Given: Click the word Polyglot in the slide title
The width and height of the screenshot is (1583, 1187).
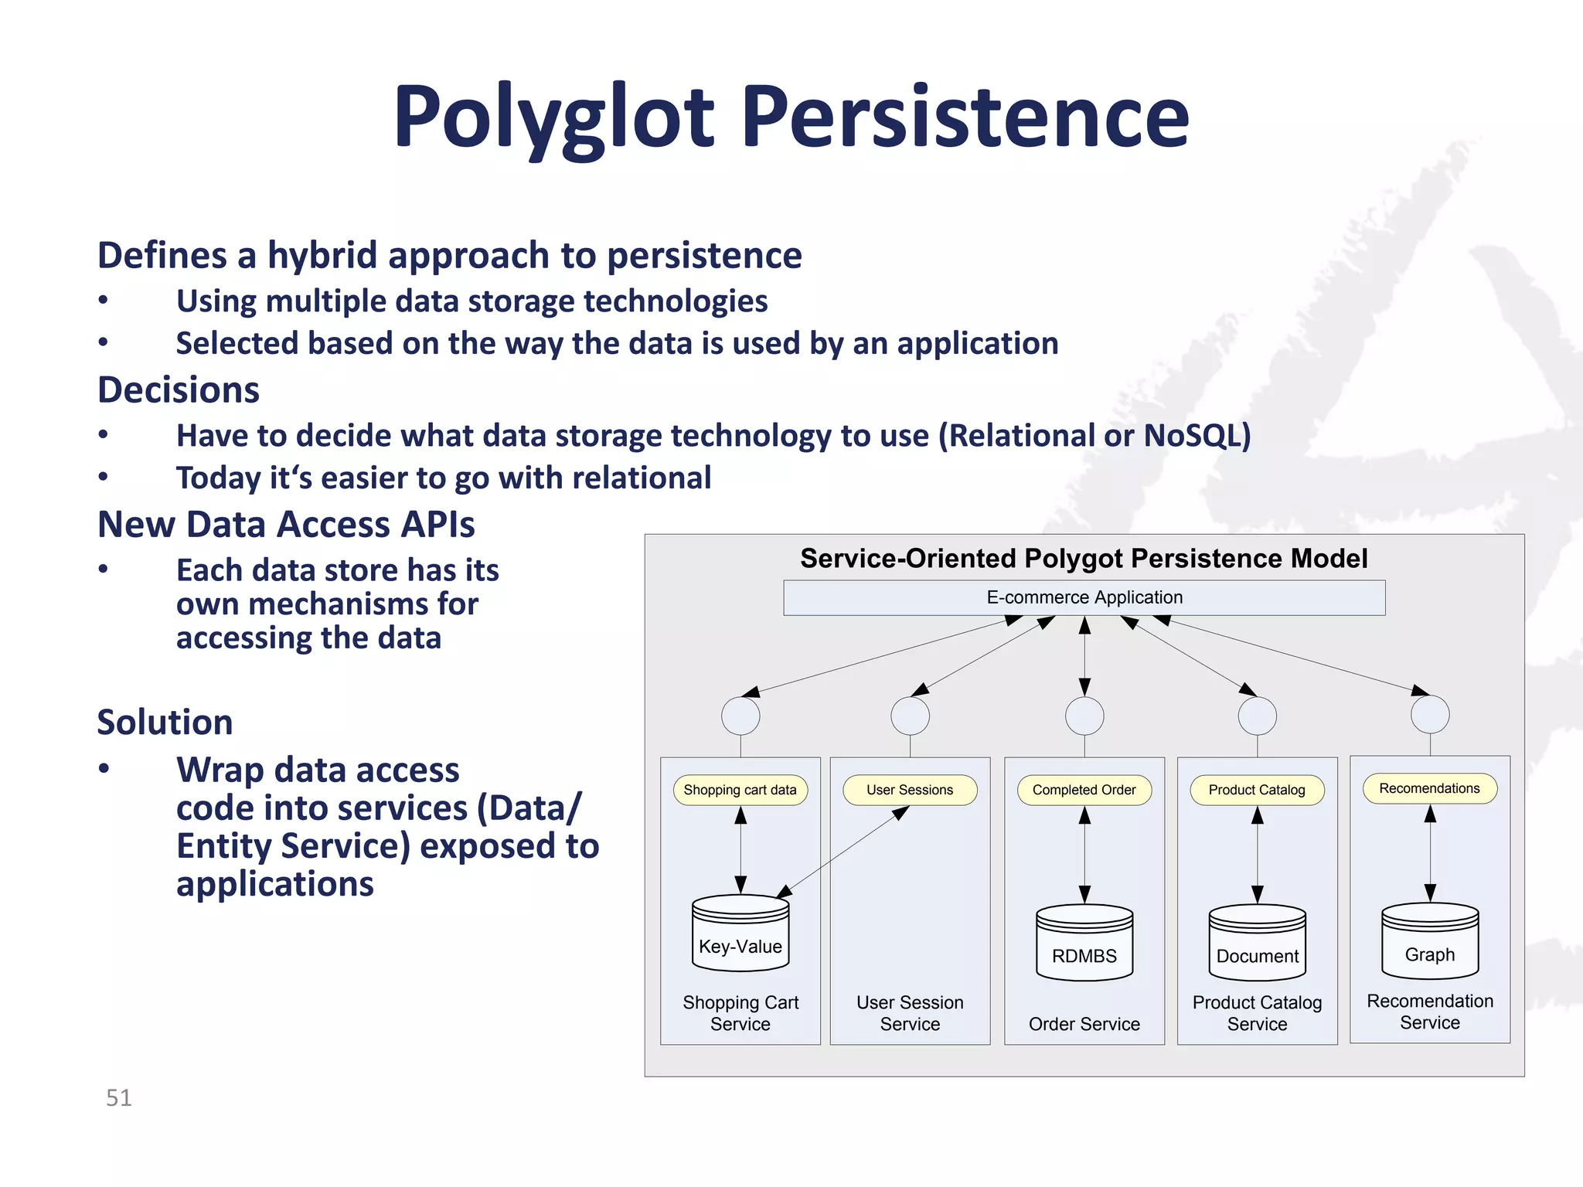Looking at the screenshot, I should point(553,118).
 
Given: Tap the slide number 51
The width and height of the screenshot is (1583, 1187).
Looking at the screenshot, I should point(118,1097).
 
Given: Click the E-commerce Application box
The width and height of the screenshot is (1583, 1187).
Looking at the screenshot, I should point(1084,597).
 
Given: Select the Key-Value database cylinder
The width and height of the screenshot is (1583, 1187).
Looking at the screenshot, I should point(740,934).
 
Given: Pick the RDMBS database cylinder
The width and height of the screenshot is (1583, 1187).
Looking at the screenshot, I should point(1084,943).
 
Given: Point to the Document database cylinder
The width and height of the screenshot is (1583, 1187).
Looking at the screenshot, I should point(1257,943).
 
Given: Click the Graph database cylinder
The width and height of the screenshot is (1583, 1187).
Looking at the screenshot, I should point(1429,941).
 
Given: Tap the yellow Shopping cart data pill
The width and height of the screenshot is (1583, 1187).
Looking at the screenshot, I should point(740,790).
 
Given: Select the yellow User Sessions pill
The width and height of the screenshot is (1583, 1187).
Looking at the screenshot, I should point(910,790).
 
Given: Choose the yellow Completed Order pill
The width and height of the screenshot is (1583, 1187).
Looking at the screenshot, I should point(1084,790).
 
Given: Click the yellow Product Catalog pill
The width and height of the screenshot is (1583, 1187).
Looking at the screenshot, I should point(1257,790).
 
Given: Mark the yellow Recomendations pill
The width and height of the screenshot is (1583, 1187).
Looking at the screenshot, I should point(1429,788).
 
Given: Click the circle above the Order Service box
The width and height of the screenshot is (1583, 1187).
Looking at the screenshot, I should point(1084,716).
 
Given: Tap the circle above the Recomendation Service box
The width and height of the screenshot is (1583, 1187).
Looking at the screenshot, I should point(1429,715).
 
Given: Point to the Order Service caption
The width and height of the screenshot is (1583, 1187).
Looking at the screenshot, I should point(1084,1024).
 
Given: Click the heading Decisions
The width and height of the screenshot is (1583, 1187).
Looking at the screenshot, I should point(179,389).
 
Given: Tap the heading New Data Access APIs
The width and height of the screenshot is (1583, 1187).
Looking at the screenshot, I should point(286,525).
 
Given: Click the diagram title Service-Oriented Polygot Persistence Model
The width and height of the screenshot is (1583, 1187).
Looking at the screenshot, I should point(1084,558).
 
